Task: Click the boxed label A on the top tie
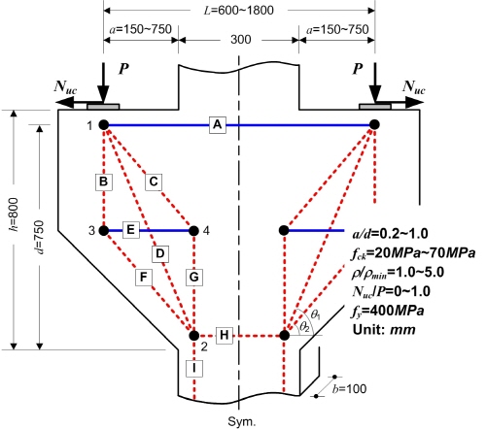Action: (x=218, y=124)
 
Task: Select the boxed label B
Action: (x=104, y=181)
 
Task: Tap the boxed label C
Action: (x=154, y=181)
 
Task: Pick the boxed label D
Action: (x=160, y=253)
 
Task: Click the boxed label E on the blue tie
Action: (x=131, y=230)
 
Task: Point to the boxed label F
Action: (x=144, y=278)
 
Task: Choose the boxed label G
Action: (x=194, y=278)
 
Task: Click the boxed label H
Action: (x=225, y=335)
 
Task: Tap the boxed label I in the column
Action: (x=194, y=369)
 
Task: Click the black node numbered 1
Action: (x=104, y=124)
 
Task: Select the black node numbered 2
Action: (x=194, y=336)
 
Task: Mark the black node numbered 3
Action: (x=104, y=231)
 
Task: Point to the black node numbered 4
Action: (x=193, y=231)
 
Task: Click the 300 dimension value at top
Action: (x=241, y=40)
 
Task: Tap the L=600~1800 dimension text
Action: (x=239, y=11)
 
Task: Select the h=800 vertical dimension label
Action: (x=14, y=214)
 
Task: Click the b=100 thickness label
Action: (x=349, y=388)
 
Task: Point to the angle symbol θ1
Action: (x=316, y=314)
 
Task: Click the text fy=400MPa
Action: (x=388, y=312)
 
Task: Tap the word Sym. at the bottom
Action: (x=242, y=421)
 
